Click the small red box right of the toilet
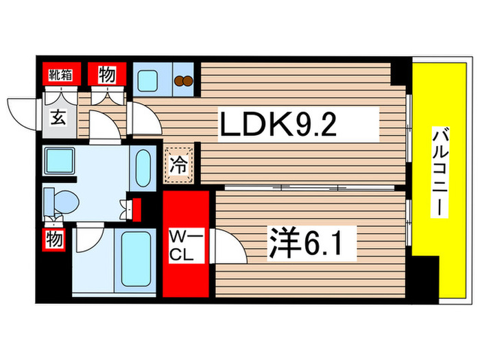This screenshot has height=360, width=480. pos(136,206)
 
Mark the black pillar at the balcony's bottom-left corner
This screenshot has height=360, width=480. pos(425,278)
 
